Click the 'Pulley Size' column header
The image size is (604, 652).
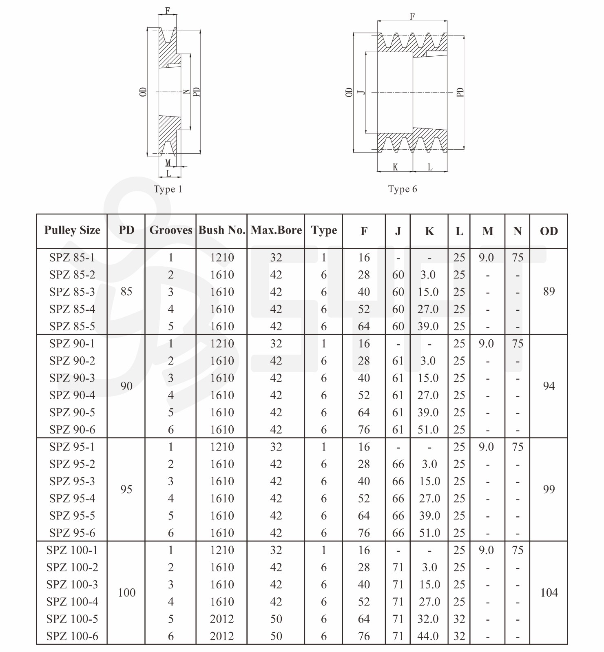[x=72, y=230]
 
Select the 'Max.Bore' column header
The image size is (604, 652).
[x=276, y=230]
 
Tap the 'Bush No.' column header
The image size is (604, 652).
[x=222, y=230]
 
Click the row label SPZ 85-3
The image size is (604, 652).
[x=72, y=292]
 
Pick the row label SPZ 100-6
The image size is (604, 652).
[x=72, y=636]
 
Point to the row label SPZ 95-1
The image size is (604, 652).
[x=72, y=447]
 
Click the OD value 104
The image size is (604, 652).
[x=549, y=593]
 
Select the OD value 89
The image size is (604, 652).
[x=549, y=292]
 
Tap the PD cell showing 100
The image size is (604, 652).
[x=126, y=593]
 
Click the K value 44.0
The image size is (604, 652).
[x=428, y=636]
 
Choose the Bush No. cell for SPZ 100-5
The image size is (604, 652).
[x=222, y=619]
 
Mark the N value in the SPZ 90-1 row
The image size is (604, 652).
[x=518, y=344]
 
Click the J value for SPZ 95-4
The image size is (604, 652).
[x=398, y=499]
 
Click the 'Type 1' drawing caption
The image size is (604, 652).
[x=168, y=189]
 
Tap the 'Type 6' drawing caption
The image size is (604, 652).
[x=403, y=189]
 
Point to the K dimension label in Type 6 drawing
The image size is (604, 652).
[x=395, y=167]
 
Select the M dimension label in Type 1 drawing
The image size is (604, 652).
[x=168, y=163]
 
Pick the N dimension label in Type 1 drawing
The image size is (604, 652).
[x=186, y=92]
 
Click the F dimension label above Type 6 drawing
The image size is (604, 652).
[x=412, y=16]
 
